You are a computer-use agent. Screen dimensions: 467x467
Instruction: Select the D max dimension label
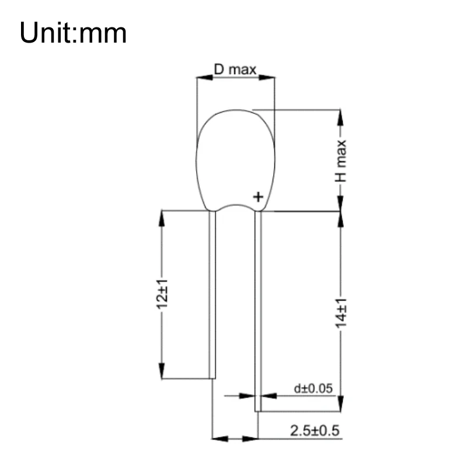point(235,70)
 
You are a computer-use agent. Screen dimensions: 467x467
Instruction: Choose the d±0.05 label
point(312,388)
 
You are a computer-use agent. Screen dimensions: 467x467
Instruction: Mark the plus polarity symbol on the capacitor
point(257,197)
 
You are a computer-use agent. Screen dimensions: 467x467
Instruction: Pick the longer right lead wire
point(258,309)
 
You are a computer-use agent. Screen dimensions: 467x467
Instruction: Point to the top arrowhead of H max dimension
point(341,116)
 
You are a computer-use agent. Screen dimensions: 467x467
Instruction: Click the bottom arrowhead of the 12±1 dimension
point(161,372)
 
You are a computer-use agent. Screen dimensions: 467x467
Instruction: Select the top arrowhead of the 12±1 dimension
point(161,217)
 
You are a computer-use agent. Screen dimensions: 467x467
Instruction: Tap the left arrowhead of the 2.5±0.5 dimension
point(217,438)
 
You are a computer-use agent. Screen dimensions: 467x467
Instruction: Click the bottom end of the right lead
point(258,410)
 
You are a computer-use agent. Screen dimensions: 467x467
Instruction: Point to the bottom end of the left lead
point(213,377)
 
